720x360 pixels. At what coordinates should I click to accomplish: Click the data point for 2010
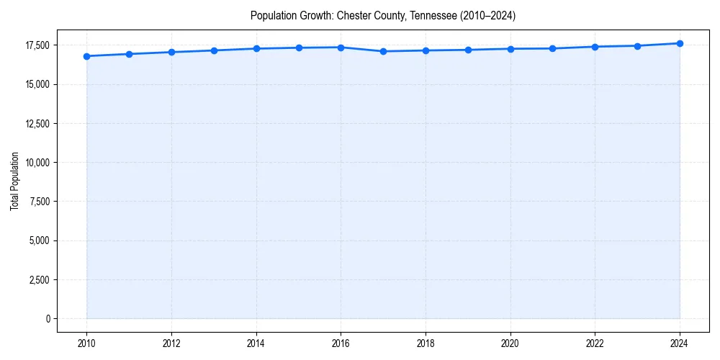[x=86, y=56]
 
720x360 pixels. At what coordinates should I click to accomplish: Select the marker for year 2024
[x=680, y=43]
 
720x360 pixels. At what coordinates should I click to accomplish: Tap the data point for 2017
[x=383, y=51]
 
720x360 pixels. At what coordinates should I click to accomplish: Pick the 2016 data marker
[x=341, y=48]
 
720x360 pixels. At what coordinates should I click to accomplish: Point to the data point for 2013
[x=214, y=50]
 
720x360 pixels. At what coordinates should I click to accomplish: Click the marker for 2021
[x=552, y=48]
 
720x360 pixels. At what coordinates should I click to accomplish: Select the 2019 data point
[x=468, y=50]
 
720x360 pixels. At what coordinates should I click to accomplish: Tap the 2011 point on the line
[x=129, y=54]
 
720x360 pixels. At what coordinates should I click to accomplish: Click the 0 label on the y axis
[x=48, y=318]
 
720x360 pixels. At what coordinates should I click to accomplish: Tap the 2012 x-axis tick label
[x=171, y=343]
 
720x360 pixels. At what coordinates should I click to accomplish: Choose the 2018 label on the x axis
[x=426, y=343]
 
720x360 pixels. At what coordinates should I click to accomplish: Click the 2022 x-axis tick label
[x=595, y=343]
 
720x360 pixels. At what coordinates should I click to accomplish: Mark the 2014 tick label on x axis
[x=256, y=343]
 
